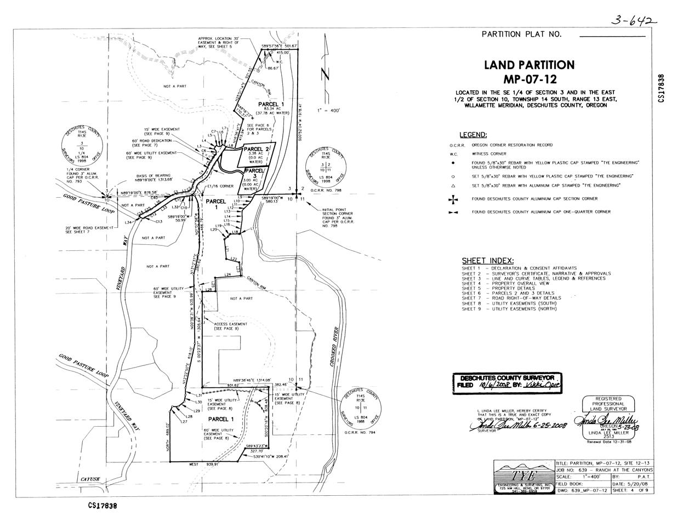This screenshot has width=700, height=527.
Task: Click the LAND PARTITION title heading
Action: click(x=529, y=65)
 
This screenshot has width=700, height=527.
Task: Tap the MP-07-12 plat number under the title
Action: click(x=529, y=79)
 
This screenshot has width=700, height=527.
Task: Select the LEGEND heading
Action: click(x=473, y=135)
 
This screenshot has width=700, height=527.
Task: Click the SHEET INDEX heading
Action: click(x=487, y=261)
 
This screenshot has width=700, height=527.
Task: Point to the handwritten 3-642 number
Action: click(x=634, y=21)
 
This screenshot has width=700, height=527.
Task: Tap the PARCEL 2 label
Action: click(x=257, y=149)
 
